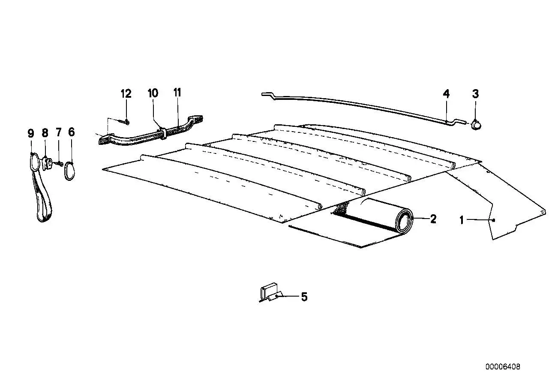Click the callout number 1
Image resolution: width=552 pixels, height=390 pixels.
point(462,220)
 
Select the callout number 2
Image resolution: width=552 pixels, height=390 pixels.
point(433,219)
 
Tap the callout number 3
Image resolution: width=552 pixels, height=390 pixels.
point(475,94)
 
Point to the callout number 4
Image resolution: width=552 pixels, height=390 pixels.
point(446,94)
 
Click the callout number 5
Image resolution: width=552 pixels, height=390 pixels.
point(304,297)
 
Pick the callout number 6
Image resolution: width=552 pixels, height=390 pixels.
point(71,132)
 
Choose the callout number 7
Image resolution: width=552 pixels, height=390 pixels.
point(58,132)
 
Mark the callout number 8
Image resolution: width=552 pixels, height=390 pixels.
point(45,133)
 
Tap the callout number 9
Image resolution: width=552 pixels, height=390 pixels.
point(30,133)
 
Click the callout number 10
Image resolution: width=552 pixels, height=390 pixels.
point(153,93)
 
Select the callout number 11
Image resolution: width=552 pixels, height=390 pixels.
point(177,93)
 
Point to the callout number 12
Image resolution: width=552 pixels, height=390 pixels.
point(126,93)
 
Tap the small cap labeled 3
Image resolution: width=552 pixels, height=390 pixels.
point(476,125)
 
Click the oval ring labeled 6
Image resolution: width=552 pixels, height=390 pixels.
point(70,171)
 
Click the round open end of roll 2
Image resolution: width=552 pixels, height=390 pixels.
point(404,220)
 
